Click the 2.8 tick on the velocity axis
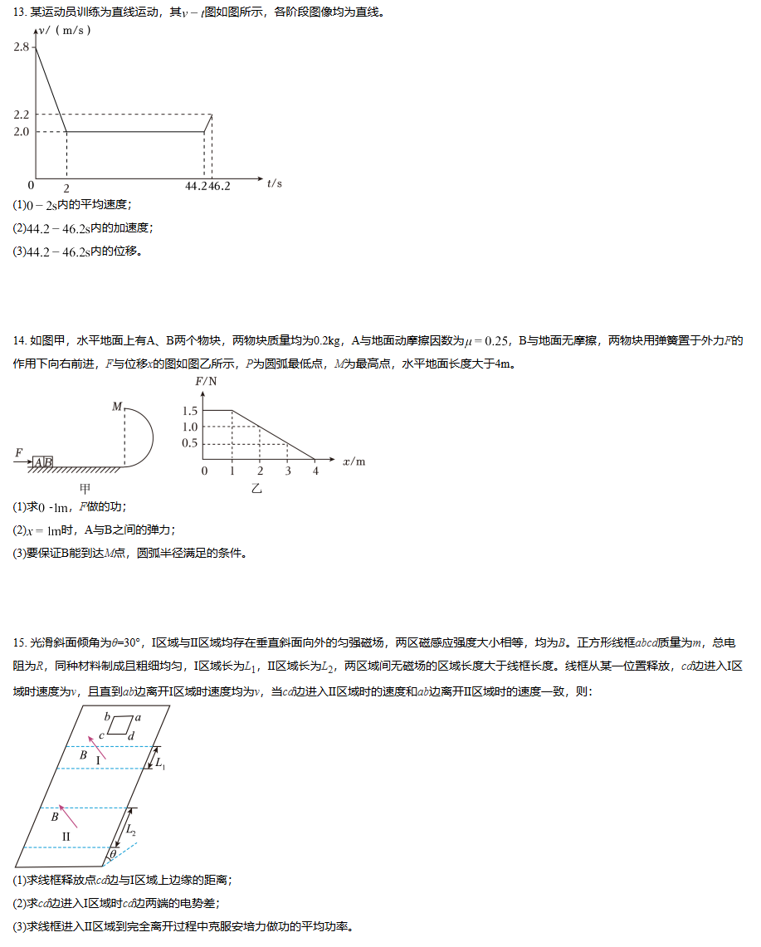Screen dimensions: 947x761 coord(22,48)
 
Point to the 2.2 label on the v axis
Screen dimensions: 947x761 coord(22,115)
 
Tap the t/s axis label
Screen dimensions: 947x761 coord(275,183)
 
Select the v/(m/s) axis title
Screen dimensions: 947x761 coord(66,31)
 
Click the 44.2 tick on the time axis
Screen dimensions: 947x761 coord(196,186)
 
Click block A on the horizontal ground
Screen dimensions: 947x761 coord(38,461)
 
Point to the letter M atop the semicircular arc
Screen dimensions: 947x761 coord(117,406)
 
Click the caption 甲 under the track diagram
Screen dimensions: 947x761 coord(85,488)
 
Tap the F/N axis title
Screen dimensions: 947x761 coord(206,382)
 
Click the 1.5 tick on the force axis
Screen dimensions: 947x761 coord(189,411)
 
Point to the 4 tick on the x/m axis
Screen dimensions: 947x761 coord(315,471)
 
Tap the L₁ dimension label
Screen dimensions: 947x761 coord(161,764)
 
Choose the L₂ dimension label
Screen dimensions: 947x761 coord(132,831)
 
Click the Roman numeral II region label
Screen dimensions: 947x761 coord(66,836)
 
